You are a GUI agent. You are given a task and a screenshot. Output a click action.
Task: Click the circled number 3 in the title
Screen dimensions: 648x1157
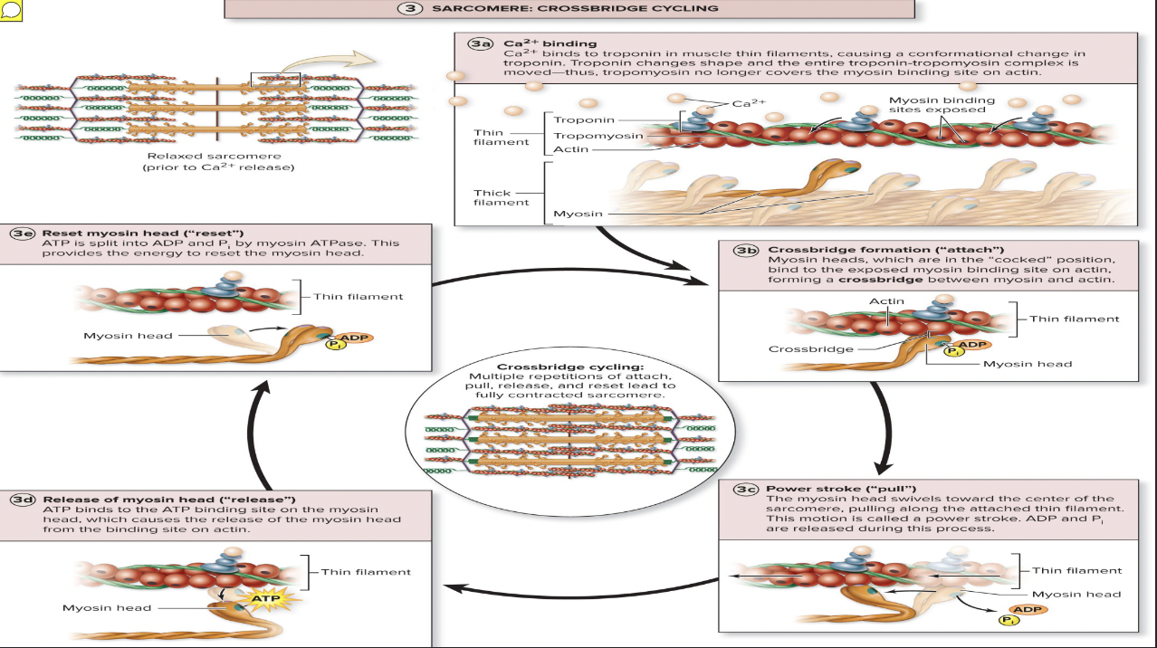[x=410, y=8]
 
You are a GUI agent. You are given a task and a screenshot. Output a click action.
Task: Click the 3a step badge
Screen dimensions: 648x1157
[x=480, y=43]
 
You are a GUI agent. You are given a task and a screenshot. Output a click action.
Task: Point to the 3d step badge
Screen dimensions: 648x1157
[x=22, y=500]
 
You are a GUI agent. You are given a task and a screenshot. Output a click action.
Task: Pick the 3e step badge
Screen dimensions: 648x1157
[x=22, y=233]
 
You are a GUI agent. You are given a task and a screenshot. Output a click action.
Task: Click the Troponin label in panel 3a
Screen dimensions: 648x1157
[x=583, y=119]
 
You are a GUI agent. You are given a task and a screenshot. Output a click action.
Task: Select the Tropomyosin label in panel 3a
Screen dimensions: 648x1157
[x=598, y=136]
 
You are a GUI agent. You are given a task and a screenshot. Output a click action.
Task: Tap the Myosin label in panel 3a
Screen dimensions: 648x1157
[x=577, y=214]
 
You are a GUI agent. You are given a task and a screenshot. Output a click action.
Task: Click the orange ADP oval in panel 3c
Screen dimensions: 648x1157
[x=1028, y=609]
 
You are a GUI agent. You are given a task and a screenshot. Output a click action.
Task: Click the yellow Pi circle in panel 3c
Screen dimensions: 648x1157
[x=1009, y=621]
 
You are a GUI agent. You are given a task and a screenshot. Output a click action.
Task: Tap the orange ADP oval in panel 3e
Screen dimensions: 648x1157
[x=355, y=338]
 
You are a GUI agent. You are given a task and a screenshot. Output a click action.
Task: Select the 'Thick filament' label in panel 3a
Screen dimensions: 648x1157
[x=502, y=197]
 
